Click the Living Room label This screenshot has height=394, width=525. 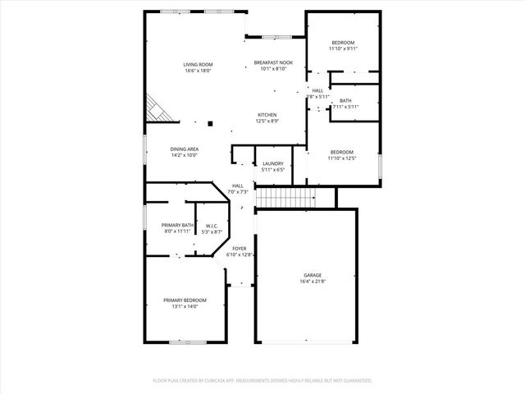click(x=198, y=64)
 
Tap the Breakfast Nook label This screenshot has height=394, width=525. click(x=274, y=63)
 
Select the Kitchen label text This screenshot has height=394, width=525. click(x=267, y=115)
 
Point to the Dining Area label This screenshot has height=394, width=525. click(x=185, y=149)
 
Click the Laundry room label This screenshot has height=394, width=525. click(x=272, y=164)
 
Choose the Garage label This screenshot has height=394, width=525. click(x=313, y=275)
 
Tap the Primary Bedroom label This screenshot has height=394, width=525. click(x=185, y=300)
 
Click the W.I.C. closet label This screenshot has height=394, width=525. click(x=211, y=226)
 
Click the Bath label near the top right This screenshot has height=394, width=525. click(x=345, y=101)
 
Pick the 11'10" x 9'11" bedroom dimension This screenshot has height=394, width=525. click(x=343, y=49)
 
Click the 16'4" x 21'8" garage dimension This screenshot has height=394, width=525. click(x=313, y=282)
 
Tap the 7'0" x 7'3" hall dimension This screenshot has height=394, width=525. click(x=237, y=192)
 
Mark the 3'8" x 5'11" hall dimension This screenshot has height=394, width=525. click(x=317, y=97)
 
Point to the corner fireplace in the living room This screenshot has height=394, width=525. click(x=156, y=108)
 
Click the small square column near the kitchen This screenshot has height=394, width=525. click(x=211, y=124)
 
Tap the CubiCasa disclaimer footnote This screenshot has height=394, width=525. click(x=262, y=381)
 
